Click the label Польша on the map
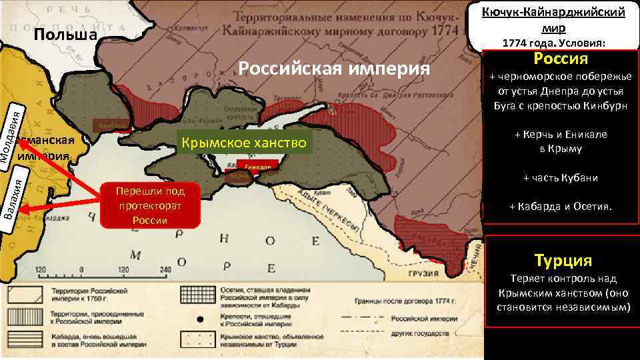(x=65, y=35)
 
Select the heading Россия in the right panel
(x=560, y=59)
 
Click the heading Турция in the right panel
(x=563, y=260)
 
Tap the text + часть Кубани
(x=560, y=178)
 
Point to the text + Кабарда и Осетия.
(x=560, y=206)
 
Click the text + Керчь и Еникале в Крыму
(x=560, y=142)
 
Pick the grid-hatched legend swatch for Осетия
(x=196, y=294)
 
